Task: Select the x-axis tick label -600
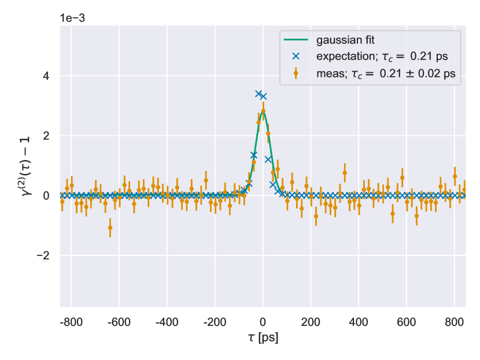click(x=118, y=322)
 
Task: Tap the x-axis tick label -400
click(x=166, y=322)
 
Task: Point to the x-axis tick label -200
click(x=214, y=322)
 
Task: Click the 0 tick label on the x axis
click(x=263, y=322)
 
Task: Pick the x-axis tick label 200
click(x=311, y=322)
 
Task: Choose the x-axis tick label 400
click(x=359, y=322)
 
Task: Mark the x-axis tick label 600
click(x=407, y=322)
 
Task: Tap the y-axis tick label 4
click(x=47, y=76)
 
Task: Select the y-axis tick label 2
click(x=47, y=136)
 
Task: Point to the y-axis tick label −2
click(x=44, y=255)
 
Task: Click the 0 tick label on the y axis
click(x=47, y=196)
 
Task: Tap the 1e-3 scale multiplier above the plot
click(x=72, y=17)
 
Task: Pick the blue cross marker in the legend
click(x=296, y=57)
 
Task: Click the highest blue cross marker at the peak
click(x=259, y=93)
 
